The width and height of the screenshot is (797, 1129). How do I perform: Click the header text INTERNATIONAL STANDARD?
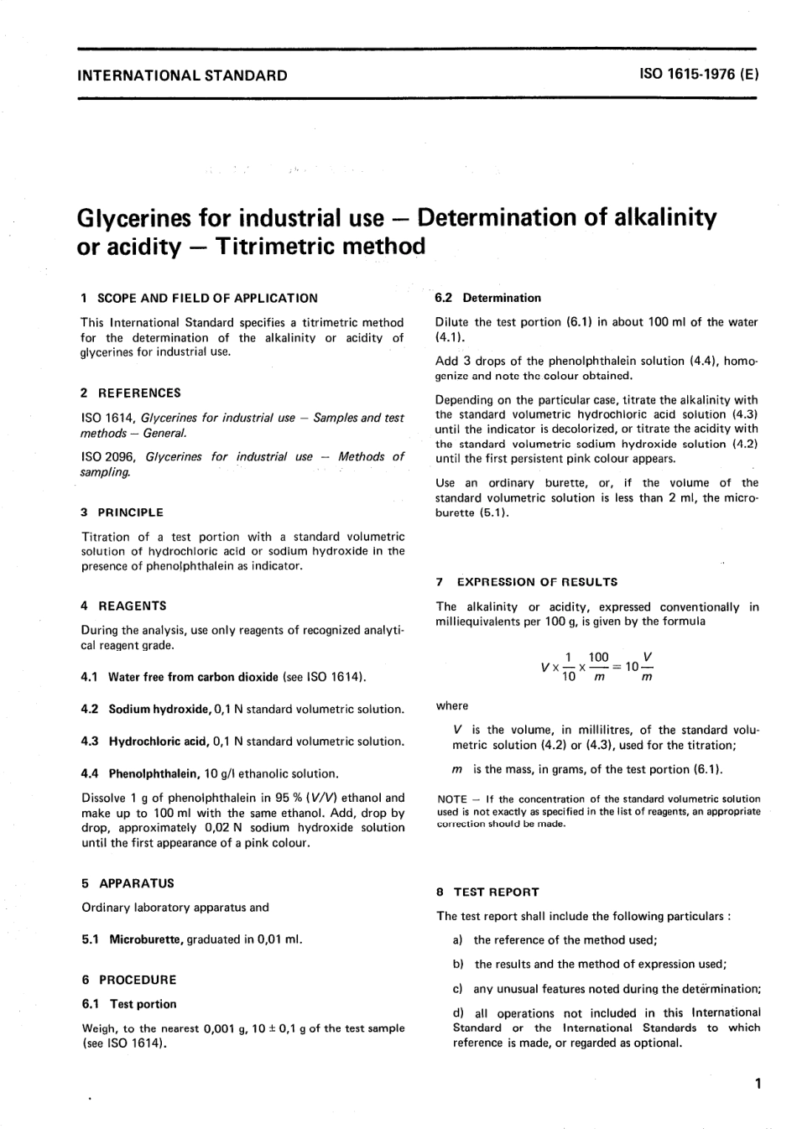point(182,75)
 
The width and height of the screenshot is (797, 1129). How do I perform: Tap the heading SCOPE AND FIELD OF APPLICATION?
point(207,298)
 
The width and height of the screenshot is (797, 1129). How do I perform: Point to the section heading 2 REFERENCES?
point(131,393)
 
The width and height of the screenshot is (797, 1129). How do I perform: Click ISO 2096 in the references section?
point(109,457)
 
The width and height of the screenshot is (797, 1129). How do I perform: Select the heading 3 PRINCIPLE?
point(122,512)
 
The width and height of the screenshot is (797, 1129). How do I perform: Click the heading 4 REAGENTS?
point(124,606)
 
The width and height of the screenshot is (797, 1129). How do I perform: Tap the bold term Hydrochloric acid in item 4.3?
point(159,741)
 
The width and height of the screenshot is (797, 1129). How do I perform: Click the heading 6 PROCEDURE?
point(129,980)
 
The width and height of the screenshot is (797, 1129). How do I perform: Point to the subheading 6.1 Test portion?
point(129,1004)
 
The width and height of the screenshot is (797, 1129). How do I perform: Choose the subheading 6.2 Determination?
point(488,298)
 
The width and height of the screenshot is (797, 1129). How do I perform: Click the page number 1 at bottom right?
point(758,1085)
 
